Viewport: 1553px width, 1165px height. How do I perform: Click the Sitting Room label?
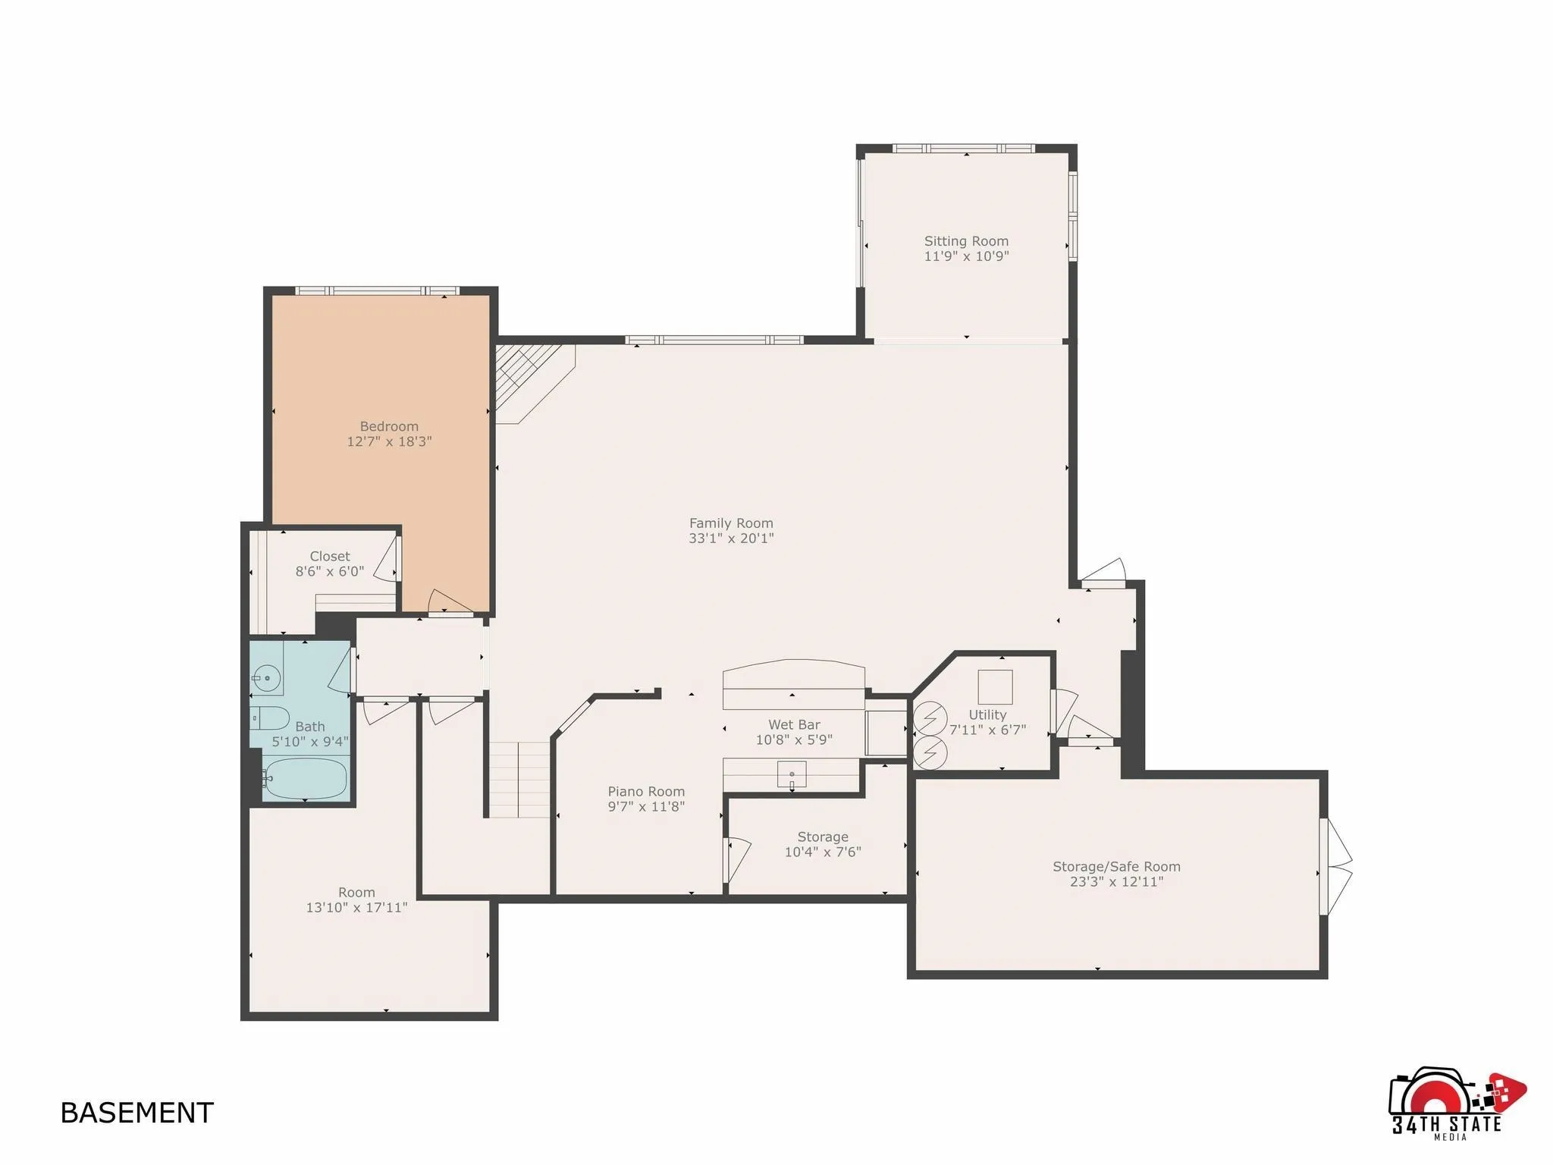966,241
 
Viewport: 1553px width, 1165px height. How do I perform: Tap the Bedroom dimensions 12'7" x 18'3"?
389,441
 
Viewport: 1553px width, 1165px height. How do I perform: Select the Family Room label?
731,523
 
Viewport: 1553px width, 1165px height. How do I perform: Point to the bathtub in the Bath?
306,778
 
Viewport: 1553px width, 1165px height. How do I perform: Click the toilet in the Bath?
269,718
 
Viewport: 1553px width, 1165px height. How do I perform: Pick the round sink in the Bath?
266,678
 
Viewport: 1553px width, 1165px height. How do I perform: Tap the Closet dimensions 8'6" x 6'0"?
330,572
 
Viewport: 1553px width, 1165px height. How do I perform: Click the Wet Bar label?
794,725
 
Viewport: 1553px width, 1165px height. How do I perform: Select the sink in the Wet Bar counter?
791,774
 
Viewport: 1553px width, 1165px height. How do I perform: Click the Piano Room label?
646,792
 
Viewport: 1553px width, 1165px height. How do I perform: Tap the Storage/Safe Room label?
1116,867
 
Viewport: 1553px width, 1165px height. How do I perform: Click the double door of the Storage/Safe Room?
1336,866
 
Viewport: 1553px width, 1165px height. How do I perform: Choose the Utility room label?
987,715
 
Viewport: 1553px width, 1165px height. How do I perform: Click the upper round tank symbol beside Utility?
930,718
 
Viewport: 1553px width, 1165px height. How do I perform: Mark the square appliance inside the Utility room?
995,687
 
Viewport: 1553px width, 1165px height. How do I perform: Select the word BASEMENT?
137,1113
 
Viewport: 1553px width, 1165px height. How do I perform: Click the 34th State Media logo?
1453,1103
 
